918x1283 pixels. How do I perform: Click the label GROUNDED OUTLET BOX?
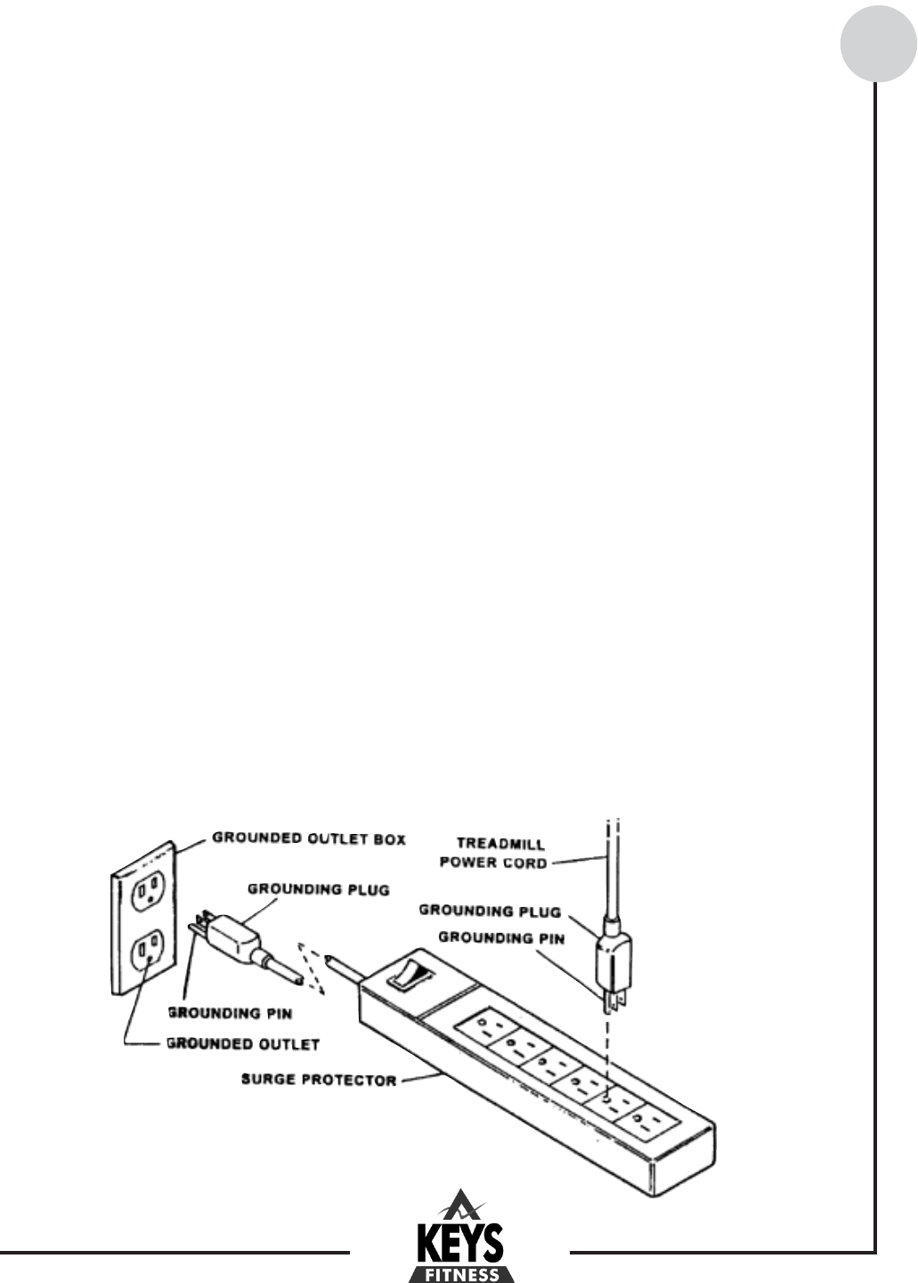click(x=309, y=838)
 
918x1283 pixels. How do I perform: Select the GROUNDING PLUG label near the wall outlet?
click(x=318, y=890)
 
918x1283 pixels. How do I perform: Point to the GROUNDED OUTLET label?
click(x=243, y=1043)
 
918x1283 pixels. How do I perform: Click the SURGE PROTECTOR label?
click(x=319, y=1081)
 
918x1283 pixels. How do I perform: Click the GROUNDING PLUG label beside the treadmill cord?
click(x=490, y=911)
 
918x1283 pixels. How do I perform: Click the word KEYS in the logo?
click(x=459, y=1242)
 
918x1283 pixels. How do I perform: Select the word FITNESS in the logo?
click(x=459, y=1275)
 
